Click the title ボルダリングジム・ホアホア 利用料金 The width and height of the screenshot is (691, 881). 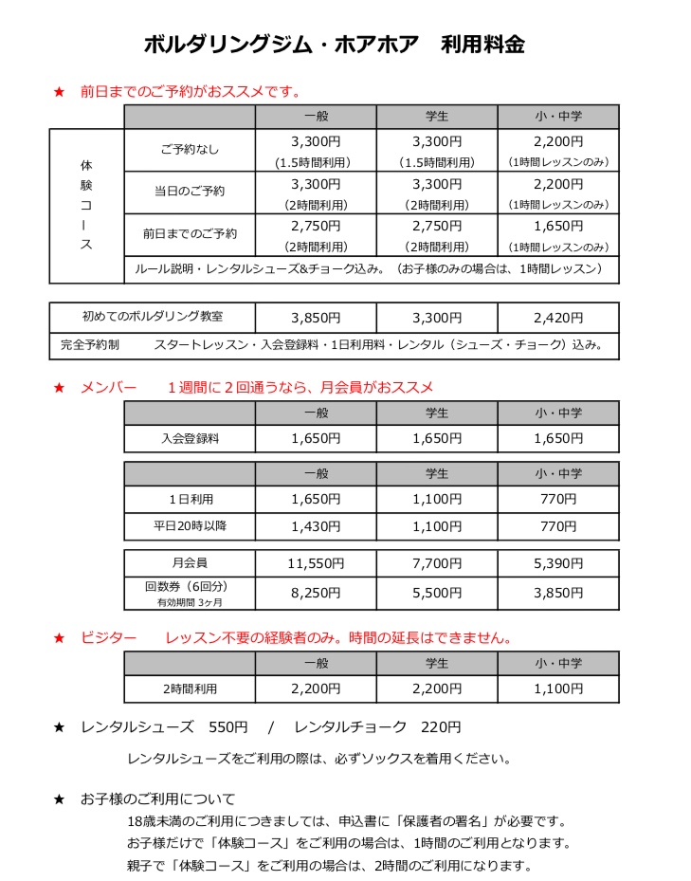(x=334, y=45)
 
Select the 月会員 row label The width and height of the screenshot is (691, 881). (x=190, y=563)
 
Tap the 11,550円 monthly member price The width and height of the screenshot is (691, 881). (x=315, y=563)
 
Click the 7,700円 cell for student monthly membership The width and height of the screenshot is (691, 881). (x=436, y=563)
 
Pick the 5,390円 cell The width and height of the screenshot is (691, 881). (x=557, y=563)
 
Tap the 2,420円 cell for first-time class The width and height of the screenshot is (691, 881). (x=557, y=318)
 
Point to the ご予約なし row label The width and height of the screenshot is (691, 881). (x=190, y=149)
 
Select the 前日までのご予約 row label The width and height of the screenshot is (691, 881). (x=190, y=233)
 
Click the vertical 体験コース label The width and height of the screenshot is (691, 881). (x=86, y=205)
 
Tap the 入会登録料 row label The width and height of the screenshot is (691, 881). (x=190, y=438)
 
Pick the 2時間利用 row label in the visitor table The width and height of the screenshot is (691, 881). (x=190, y=688)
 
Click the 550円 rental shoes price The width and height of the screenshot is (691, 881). (x=227, y=728)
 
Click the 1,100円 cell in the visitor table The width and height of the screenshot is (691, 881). (x=557, y=688)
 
